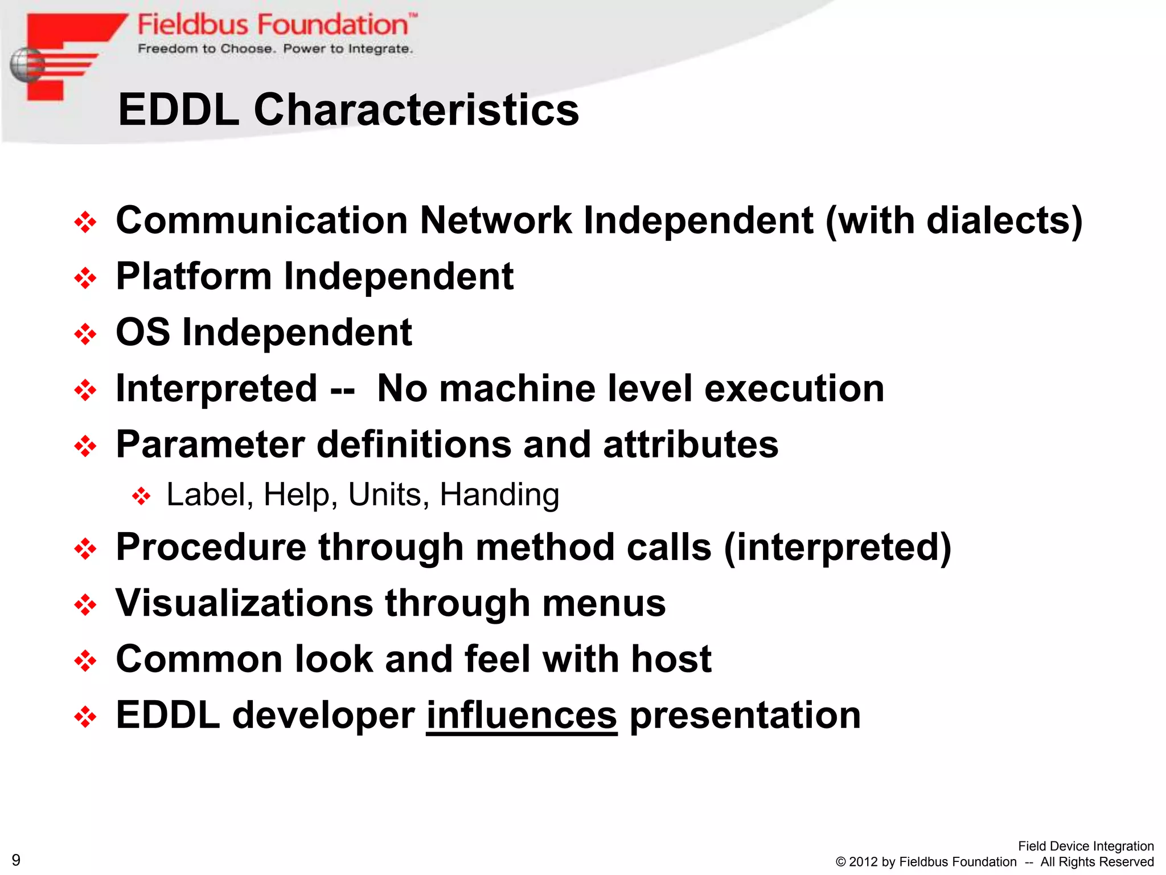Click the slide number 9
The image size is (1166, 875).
coord(16,860)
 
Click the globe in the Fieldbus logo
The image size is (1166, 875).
coord(27,65)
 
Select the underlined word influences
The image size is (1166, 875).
coord(522,715)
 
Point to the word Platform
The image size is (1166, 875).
coord(194,276)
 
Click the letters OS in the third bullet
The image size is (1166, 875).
coord(142,332)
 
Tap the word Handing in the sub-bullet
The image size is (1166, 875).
coord(499,494)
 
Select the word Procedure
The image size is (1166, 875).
coord(211,547)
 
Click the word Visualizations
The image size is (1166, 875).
coord(244,603)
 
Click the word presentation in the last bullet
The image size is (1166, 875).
coord(745,715)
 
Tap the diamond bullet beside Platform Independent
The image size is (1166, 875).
coord(85,278)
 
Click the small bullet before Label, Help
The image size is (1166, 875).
coord(141,496)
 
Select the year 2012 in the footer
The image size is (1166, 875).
coord(863,862)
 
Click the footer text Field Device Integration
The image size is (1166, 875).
coord(1085,846)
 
